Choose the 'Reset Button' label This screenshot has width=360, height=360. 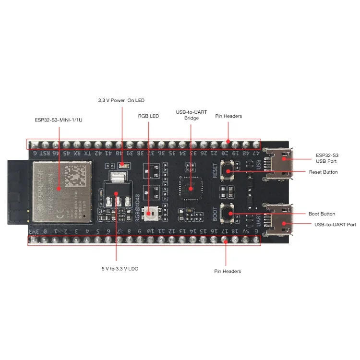click(x=323, y=172)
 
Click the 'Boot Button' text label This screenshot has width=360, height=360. click(x=322, y=214)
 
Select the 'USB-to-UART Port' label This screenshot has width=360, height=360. click(x=335, y=224)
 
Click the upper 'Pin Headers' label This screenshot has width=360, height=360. click(x=228, y=116)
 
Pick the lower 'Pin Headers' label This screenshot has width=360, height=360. click(x=228, y=271)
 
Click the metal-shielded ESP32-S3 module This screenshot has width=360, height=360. click(x=61, y=191)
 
